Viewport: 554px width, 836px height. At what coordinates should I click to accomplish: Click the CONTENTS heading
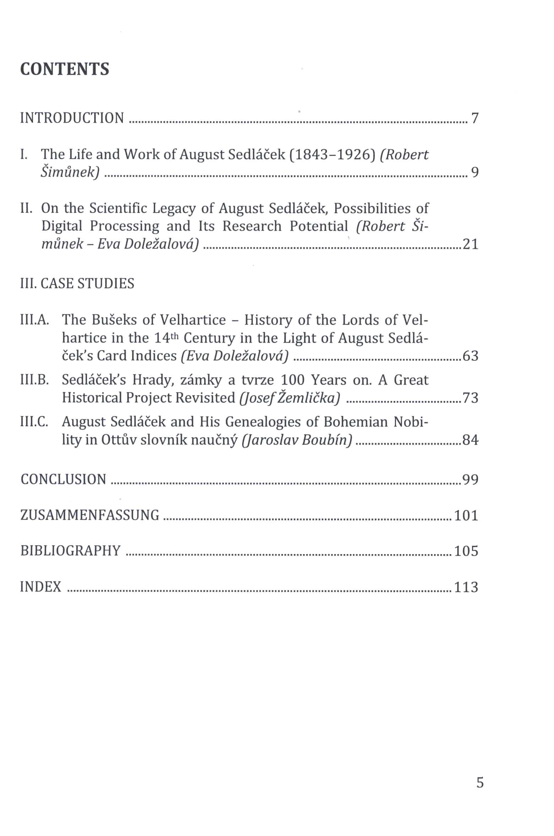click(x=65, y=69)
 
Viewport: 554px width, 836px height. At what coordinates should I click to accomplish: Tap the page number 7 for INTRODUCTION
click(x=475, y=118)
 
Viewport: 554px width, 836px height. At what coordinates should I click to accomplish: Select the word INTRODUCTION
click(x=72, y=118)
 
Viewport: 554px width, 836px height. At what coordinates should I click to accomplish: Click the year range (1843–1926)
click(x=332, y=155)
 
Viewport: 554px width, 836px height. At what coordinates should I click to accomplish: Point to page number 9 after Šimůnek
click(x=475, y=173)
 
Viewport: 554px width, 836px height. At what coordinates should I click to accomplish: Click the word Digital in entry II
click(x=61, y=226)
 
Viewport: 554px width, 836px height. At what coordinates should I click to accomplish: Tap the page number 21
click(x=471, y=244)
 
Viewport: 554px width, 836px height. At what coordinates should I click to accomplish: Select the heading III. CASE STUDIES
click(x=77, y=283)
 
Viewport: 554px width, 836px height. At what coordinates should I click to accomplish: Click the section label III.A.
click(x=34, y=320)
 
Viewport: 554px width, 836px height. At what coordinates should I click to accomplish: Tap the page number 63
click(x=471, y=356)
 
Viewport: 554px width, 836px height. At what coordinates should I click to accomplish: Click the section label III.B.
click(x=34, y=380)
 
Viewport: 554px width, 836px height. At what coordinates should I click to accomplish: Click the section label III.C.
click(x=34, y=422)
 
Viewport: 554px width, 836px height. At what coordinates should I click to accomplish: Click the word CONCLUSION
click(x=64, y=479)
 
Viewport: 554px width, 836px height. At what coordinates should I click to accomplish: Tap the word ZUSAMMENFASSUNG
click(x=90, y=515)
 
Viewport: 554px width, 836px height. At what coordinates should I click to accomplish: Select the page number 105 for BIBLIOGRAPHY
click(x=466, y=551)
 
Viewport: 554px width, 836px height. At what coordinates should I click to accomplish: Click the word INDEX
click(x=41, y=587)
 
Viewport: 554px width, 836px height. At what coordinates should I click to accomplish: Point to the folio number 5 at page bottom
click(x=480, y=783)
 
